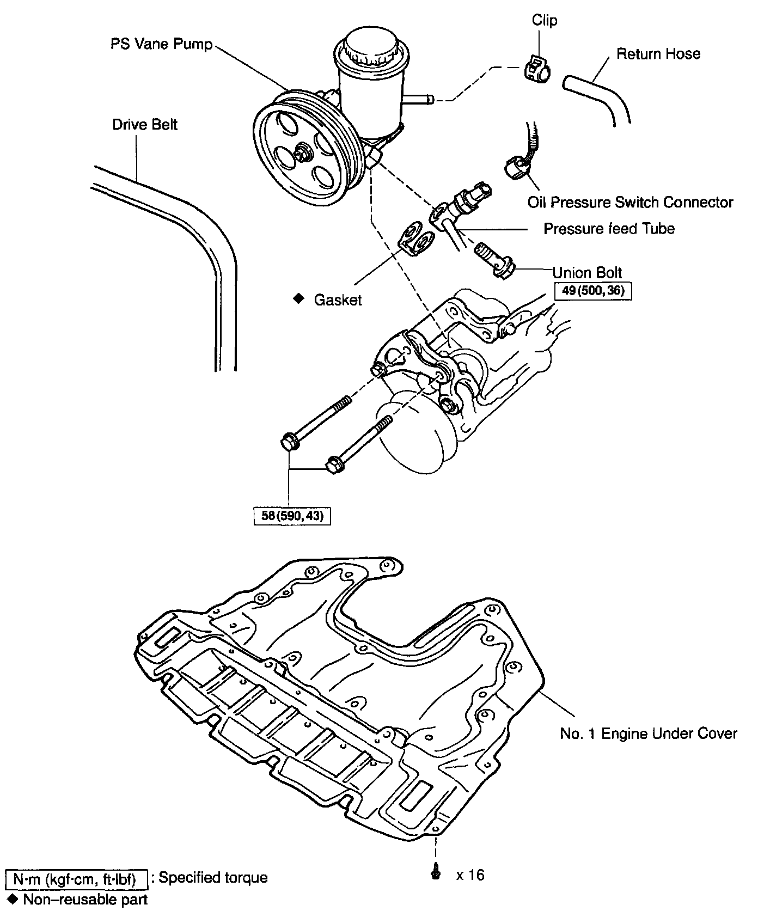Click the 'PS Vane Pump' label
click(161, 44)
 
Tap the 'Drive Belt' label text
click(145, 125)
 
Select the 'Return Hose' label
click(658, 54)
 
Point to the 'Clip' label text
click(545, 21)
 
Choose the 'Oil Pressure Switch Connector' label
click(630, 203)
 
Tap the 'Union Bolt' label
click(587, 272)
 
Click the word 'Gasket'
click(338, 300)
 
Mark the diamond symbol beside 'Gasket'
click(298, 298)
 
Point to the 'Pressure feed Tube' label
click(609, 229)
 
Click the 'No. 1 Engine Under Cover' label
click(648, 733)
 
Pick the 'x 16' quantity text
click(470, 875)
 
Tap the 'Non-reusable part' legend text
click(85, 900)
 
